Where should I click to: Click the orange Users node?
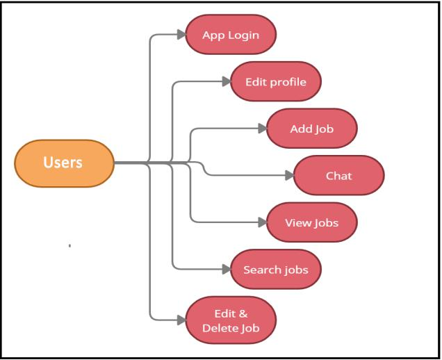64,163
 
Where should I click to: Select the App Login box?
231,35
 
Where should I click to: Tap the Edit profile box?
275,81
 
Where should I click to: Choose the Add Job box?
312,129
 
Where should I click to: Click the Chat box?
338,175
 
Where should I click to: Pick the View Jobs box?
312,223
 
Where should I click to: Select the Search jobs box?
275,269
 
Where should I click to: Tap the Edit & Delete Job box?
231,320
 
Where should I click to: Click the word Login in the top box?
244,35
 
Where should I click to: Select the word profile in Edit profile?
287,81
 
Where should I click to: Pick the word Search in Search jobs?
262,269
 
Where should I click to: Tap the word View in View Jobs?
297,223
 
